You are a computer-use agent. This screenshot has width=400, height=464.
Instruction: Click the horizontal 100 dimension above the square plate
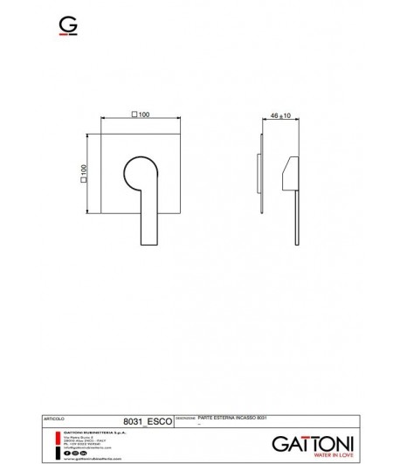coord(140,114)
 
